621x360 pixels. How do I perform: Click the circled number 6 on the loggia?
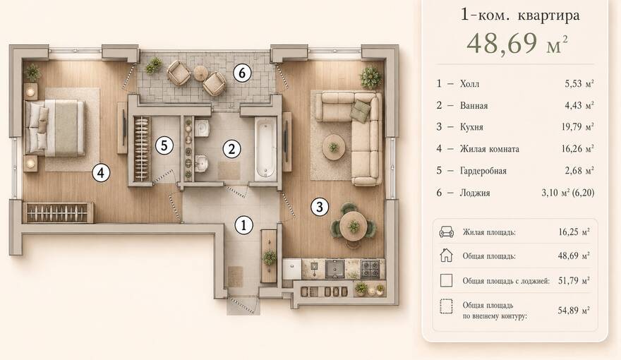tap(242, 73)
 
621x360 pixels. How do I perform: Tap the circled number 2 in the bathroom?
tap(231, 149)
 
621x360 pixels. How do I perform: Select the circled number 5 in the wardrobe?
tap(164, 145)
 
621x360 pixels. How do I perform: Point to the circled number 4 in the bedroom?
tap(101, 173)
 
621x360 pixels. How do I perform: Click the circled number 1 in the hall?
tap(243, 225)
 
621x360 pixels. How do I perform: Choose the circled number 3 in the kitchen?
tap(320, 206)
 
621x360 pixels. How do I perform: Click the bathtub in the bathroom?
tap(265, 149)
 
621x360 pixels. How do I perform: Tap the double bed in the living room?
tap(55, 127)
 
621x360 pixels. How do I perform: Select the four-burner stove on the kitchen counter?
tap(371, 269)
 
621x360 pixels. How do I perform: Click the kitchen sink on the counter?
tap(335, 269)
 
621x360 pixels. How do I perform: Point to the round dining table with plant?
tap(354, 226)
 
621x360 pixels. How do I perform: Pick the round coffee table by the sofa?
tap(334, 148)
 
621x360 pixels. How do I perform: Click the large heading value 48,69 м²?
tap(517, 43)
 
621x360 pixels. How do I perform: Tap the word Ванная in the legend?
tap(474, 106)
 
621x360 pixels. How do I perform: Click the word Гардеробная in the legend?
tap(483, 171)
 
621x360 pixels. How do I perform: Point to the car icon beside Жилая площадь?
tap(446, 232)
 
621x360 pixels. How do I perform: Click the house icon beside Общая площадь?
tap(446, 256)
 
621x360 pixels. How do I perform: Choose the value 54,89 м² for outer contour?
tap(574, 311)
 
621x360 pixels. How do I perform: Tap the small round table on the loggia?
tap(201, 72)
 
